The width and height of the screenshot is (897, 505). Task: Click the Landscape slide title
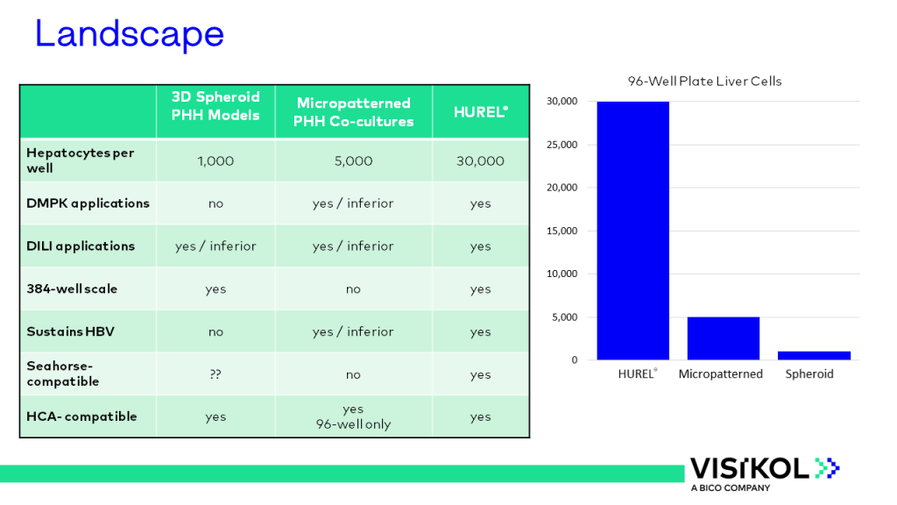[x=130, y=34]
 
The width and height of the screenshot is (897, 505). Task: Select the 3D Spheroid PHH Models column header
[x=215, y=106]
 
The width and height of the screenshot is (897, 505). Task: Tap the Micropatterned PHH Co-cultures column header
[x=354, y=112]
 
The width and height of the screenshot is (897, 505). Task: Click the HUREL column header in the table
[x=481, y=111]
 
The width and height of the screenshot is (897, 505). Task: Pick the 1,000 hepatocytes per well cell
[x=215, y=161]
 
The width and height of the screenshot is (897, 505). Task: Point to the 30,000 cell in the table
[x=481, y=161]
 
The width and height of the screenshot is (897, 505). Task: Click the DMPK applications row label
[x=88, y=203]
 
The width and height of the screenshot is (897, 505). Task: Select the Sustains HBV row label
[x=70, y=331]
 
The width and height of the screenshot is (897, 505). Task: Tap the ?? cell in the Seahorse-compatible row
[x=215, y=374]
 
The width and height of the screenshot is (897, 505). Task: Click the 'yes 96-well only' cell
[x=354, y=416]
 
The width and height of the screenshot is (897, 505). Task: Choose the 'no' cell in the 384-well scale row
[x=354, y=289]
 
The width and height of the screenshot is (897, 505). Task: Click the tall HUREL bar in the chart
[x=632, y=231]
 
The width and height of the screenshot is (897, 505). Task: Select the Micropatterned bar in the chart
[x=724, y=338]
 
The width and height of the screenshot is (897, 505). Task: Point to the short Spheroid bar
[x=814, y=356]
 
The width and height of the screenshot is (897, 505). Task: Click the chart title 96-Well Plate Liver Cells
[x=705, y=82]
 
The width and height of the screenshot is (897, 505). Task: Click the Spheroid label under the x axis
[x=809, y=373]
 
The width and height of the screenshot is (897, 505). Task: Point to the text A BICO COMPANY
[x=731, y=487]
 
